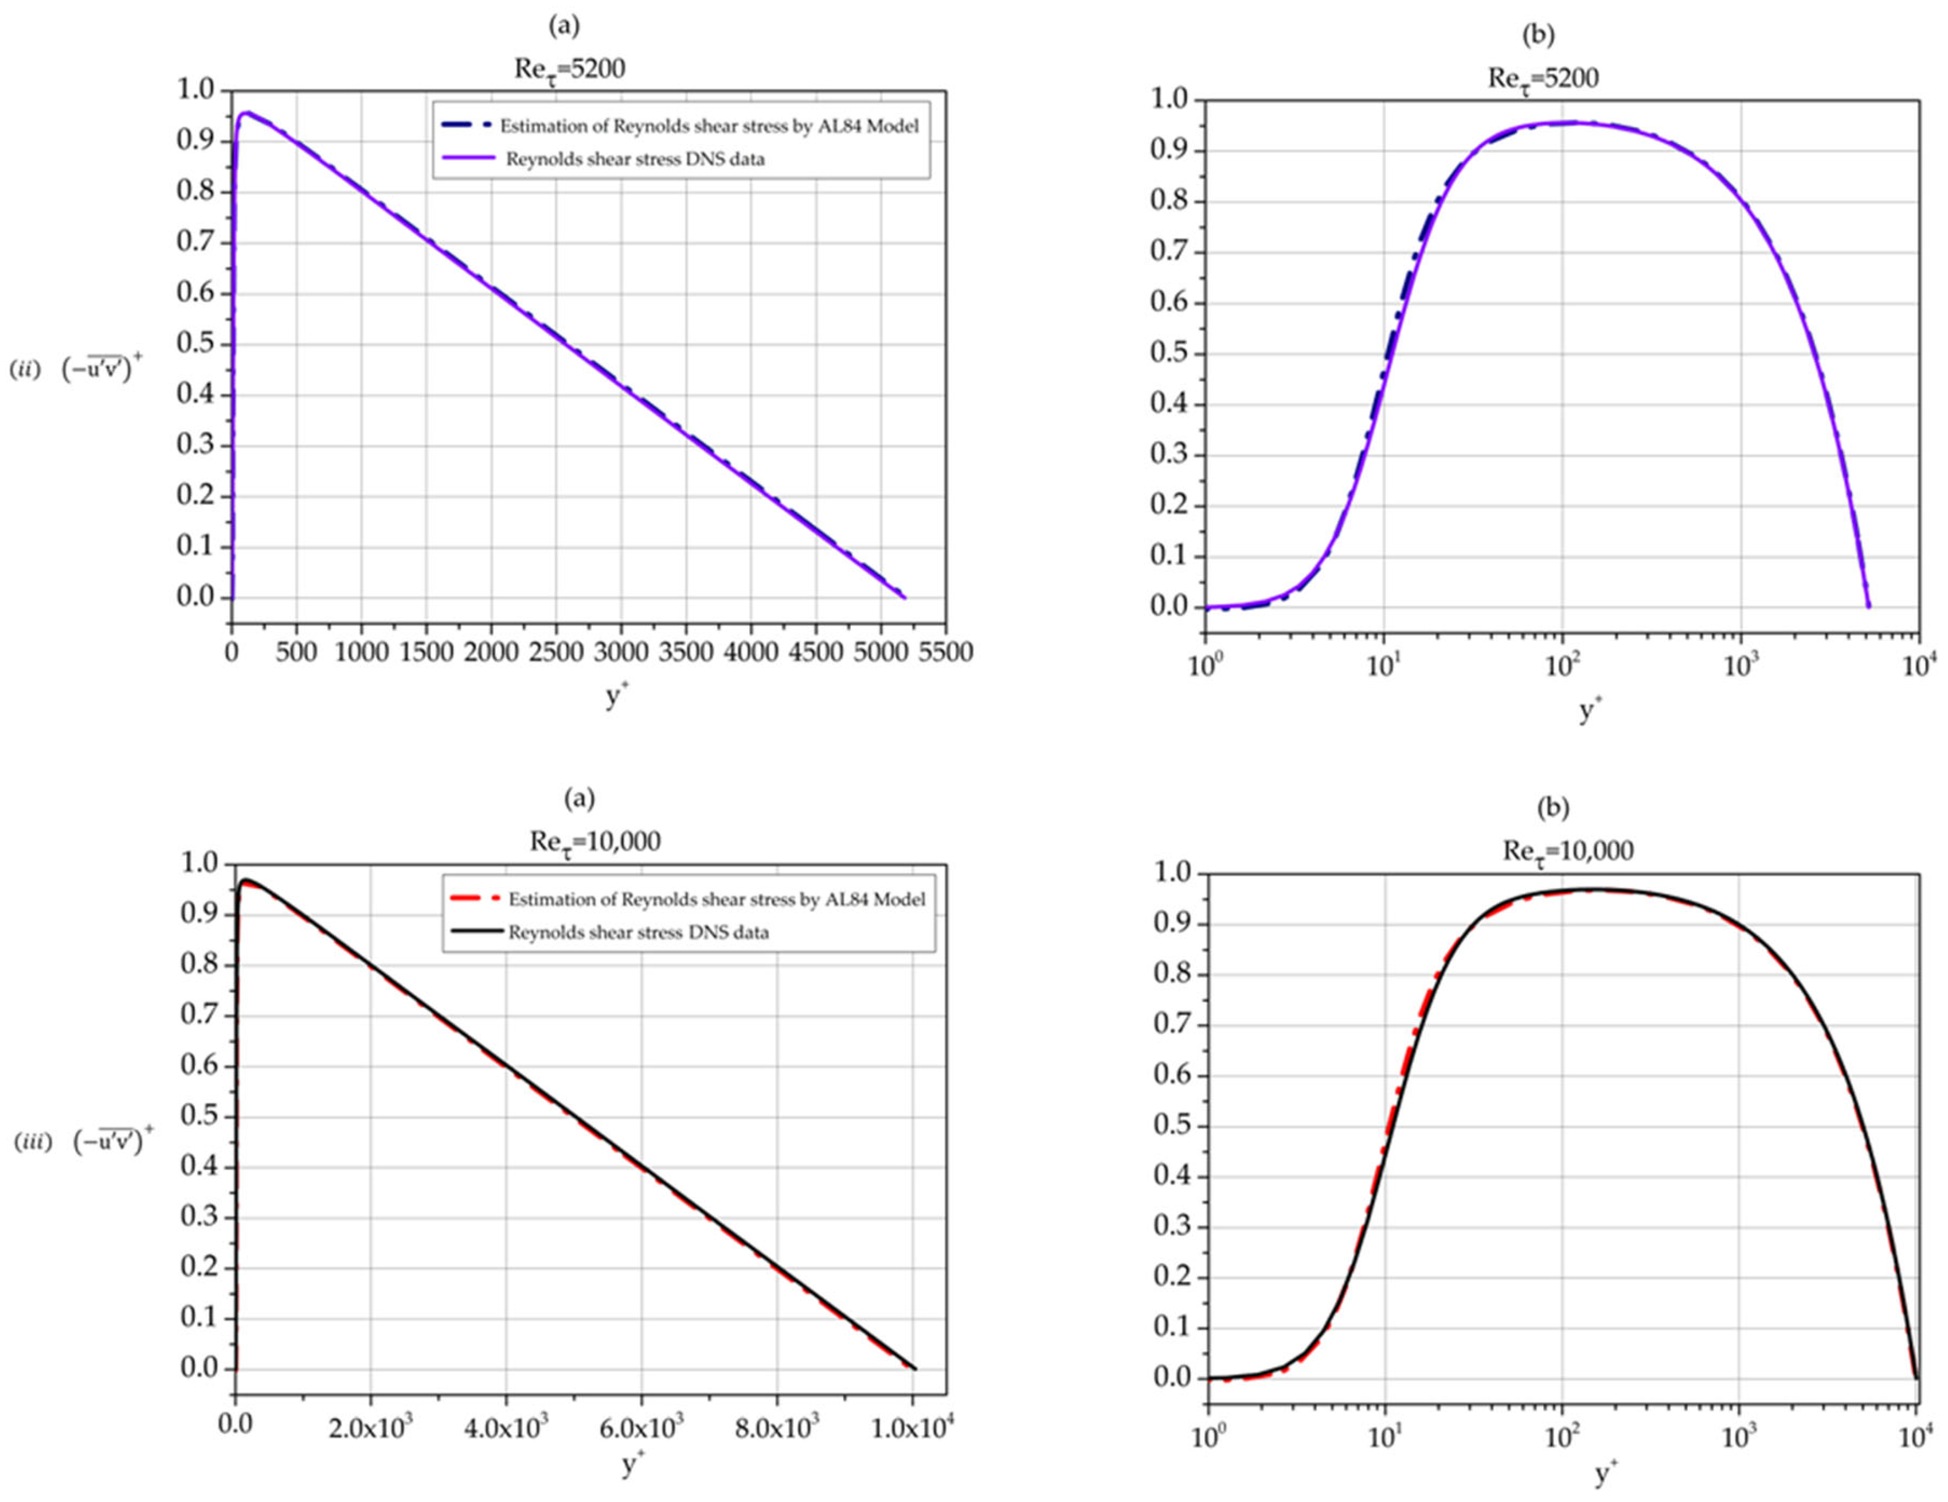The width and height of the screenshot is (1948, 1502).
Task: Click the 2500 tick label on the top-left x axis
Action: tap(556, 652)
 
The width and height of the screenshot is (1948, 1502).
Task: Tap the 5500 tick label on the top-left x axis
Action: tap(945, 652)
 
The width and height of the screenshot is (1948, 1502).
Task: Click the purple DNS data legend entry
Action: tap(635, 159)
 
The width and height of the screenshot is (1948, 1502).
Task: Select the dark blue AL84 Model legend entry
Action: tap(709, 126)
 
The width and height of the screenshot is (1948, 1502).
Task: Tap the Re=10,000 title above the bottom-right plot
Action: tap(1568, 851)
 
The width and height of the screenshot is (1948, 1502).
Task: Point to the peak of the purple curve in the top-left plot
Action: tap(248, 112)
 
